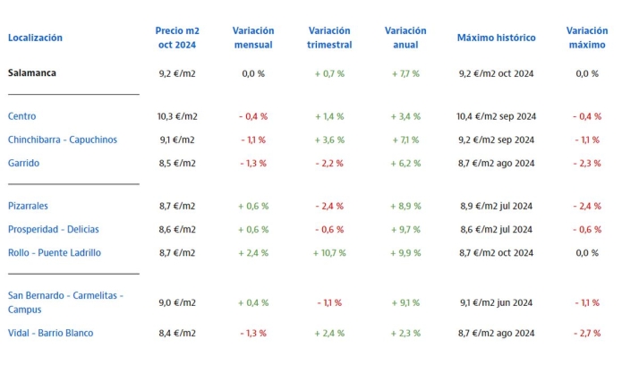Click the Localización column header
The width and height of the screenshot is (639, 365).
(x=35, y=38)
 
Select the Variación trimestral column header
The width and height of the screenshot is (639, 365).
(x=329, y=38)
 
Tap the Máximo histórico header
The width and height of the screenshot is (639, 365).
(x=496, y=38)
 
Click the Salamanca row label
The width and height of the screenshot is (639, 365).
(x=31, y=73)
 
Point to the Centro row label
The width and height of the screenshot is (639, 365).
(x=21, y=116)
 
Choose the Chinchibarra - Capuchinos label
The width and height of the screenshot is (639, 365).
(x=62, y=140)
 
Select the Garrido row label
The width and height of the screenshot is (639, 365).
(x=23, y=163)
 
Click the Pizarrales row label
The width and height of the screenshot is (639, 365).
(x=28, y=206)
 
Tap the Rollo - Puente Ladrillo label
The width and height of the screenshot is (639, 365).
(x=54, y=252)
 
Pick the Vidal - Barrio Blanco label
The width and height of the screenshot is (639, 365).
(x=50, y=333)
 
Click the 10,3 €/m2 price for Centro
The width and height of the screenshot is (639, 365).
(x=177, y=116)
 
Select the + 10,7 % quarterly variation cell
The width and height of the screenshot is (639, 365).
(x=329, y=252)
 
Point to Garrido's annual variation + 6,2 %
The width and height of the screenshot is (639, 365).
(x=405, y=163)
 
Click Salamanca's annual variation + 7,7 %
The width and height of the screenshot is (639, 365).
(x=405, y=73)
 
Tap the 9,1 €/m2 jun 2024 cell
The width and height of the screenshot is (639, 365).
(x=496, y=302)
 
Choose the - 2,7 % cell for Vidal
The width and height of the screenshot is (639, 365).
(x=587, y=333)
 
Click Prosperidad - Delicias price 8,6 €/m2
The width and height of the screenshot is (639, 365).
(x=177, y=229)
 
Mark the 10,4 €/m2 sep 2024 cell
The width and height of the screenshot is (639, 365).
(x=496, y=116)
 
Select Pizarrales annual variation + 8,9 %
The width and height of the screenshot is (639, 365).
(x=405, y=206)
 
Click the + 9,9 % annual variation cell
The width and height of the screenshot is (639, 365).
(x=405, y=252)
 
